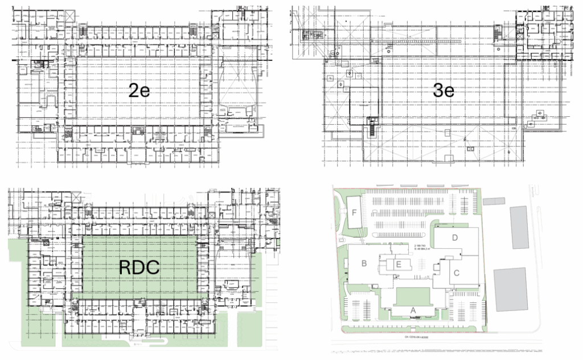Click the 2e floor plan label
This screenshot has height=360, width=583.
[x=139, y=90]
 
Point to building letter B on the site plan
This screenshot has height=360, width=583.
[x=363, y=263]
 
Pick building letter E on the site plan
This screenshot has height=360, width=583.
[x=399, y=264]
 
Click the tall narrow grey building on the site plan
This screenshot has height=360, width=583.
[x=519, y=228]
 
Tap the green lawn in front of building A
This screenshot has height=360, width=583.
[x=413, y=297]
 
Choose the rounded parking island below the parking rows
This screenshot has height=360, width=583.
[x=399, y=234]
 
